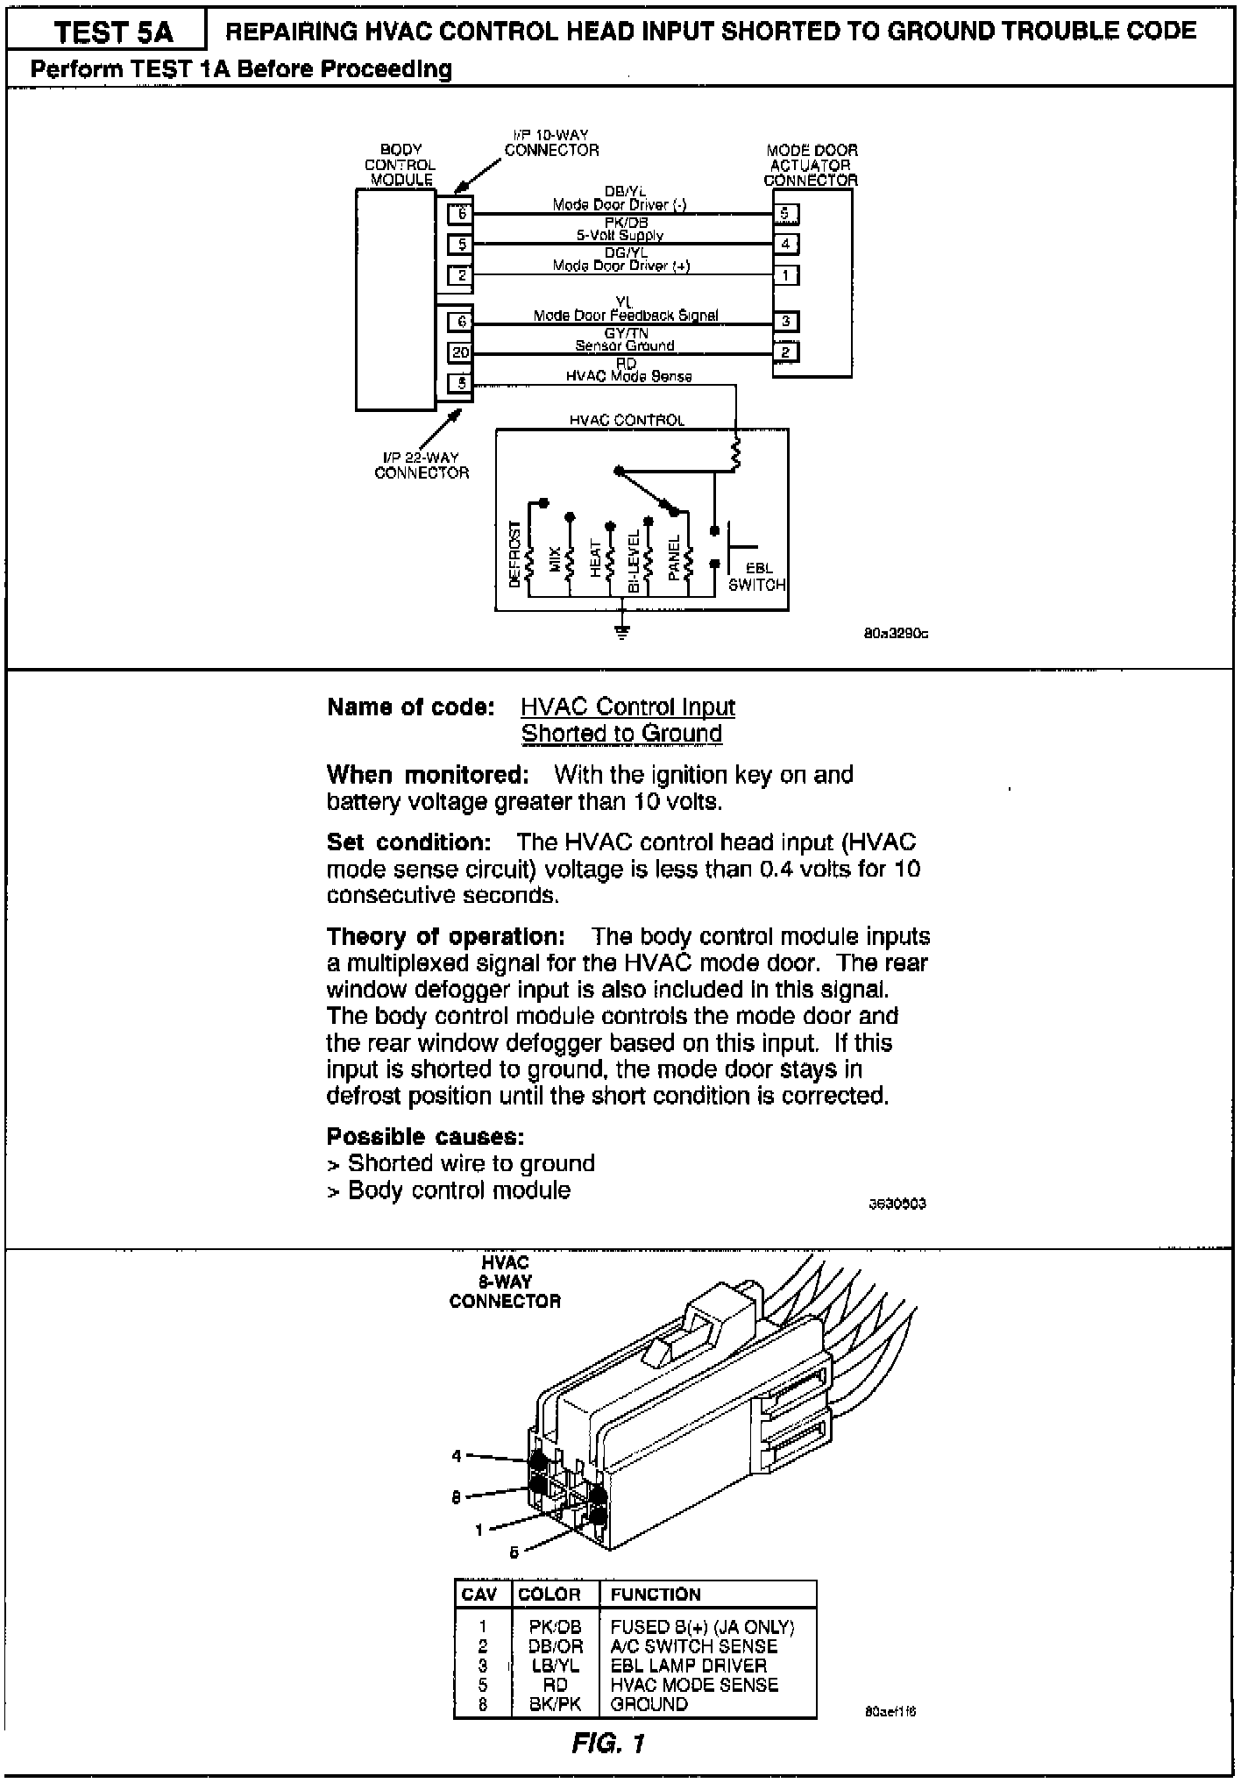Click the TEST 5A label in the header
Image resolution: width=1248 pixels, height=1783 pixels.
point(114,32)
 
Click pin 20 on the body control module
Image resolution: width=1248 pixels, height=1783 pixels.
point(461,352)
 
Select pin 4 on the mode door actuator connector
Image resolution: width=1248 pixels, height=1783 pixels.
point(785,244)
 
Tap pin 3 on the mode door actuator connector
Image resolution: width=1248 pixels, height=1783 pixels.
point(785,322)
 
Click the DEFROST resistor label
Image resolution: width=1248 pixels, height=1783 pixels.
point(514,554)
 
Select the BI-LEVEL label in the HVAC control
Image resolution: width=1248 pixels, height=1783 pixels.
point(634,561)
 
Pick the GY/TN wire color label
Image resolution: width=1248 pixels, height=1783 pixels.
point(626,334)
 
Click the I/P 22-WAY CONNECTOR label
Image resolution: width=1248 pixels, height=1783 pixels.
point(422,465)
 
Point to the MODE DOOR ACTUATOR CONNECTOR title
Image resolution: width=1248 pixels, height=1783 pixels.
point(812,165)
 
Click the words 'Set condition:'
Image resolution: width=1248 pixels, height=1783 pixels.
point(408,842)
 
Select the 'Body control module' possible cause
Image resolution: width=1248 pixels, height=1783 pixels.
point(458,1190)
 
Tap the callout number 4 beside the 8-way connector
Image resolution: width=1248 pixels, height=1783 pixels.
point(456,1456)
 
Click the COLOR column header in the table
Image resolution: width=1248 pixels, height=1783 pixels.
point(550,1595)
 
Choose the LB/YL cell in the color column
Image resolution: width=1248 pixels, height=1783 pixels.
point(556,1665)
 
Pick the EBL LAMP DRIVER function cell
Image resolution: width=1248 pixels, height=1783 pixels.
point(688,1665)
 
